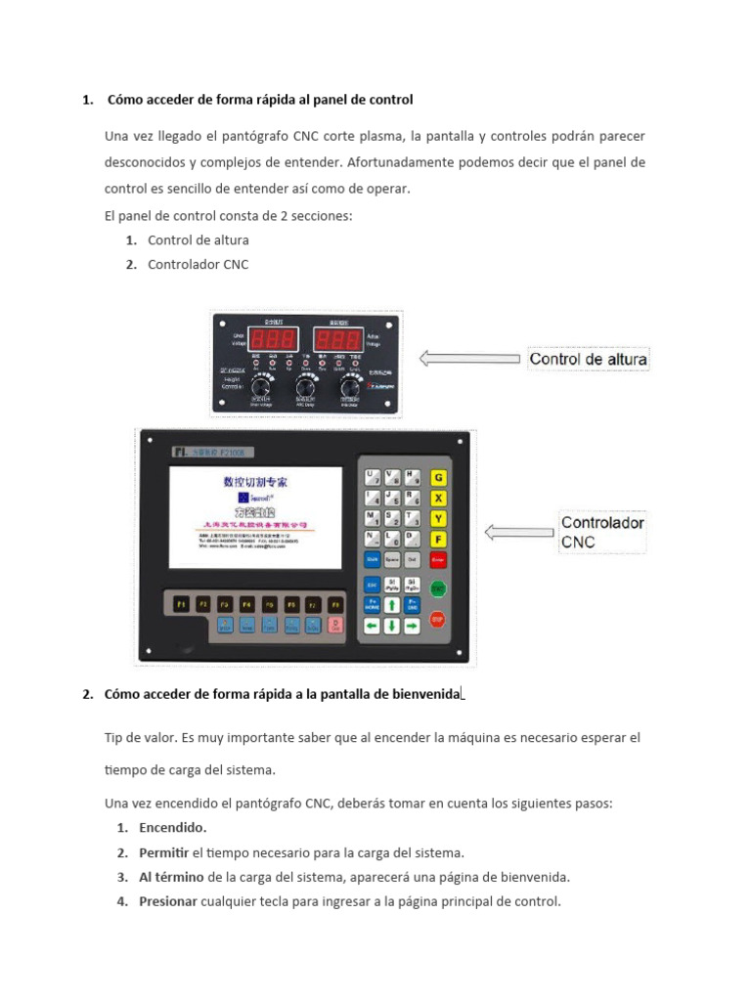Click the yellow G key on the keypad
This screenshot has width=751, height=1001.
[439, 478]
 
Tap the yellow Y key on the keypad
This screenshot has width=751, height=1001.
[439, 518]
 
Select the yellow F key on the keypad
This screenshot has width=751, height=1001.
[439, 539]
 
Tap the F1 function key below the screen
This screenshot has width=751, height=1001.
[181, 604]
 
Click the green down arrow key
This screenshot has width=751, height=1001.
[392, 627]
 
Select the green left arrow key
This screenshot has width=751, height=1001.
[373, 627]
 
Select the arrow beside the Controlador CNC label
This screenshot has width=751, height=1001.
[517, 533]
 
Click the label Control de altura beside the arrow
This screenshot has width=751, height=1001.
[588, 359]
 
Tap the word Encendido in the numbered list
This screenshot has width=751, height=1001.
[172, 828]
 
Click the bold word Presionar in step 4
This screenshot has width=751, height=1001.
[168, 901]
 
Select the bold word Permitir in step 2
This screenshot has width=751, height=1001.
[163, 852]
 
